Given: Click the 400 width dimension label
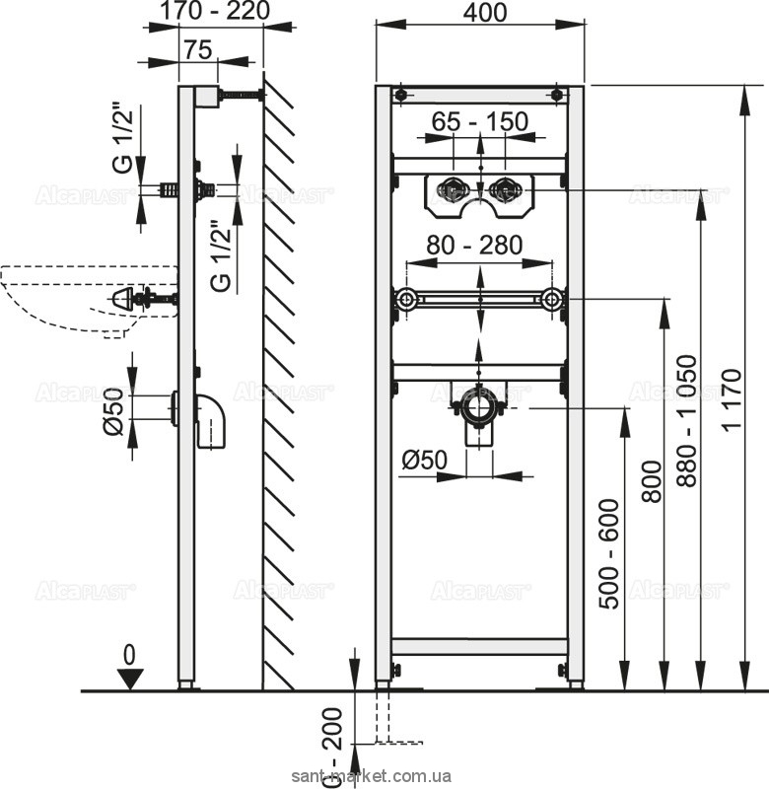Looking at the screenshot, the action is tap(485, 14).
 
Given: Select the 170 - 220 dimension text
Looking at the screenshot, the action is tap(215, 12).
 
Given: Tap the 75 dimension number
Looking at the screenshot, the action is tap(197, 50).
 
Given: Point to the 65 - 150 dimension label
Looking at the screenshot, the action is tap(480, 121).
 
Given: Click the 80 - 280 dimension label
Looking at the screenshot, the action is tap(475, 246).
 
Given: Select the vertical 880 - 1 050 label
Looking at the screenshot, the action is tap(686, 421).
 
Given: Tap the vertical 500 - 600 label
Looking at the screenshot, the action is tap(609, 554).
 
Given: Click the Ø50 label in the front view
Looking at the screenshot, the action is tap(425, 460).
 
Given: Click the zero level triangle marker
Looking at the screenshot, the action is tap(131, 679).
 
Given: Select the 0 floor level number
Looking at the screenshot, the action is tap(130, 656).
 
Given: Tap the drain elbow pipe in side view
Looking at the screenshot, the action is tap(210, 421).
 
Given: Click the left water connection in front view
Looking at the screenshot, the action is tap(453, 190).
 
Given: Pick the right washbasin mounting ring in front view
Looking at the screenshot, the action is tap(552, 300).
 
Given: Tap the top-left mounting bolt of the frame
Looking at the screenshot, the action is tap(401, 95).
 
